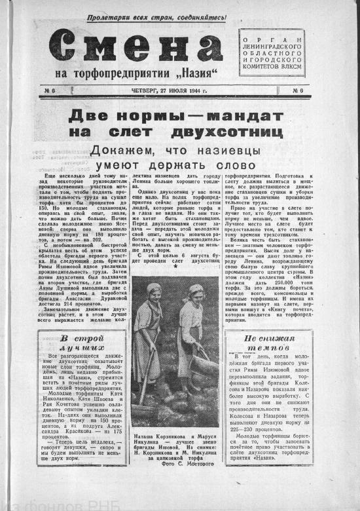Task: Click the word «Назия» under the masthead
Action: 199,74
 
